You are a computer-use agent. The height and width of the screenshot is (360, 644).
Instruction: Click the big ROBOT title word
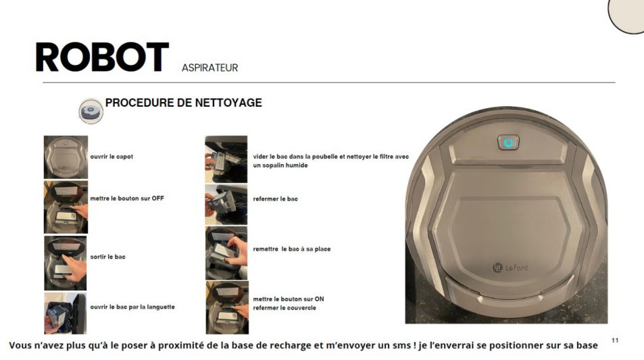pyautogui.click(x=102, y=57)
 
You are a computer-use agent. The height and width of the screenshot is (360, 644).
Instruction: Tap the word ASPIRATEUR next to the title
pyautogui.click(x=210, y=68)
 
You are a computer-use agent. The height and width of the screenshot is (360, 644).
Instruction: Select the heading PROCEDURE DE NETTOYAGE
pyautogui.click(x=184, y=103)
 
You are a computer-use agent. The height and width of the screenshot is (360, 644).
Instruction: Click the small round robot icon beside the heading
pyautogui.click(x=91, y=111)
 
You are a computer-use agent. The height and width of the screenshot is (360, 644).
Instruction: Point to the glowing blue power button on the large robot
pyautogui.click(x=508, y=143)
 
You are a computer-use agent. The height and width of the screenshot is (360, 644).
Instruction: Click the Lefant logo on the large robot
pyautogui.click(x=510, y=267)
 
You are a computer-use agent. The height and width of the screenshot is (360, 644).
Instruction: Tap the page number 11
pyautogui.click(x=615, y=340)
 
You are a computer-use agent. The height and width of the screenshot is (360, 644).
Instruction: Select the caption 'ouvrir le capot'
pyautogui.click(x=112, y=157)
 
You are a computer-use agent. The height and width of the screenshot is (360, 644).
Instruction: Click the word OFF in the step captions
pyautogui.click(x=157, y=199)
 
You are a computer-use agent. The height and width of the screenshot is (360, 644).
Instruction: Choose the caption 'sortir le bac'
pyautogui.click(x=107, y=257)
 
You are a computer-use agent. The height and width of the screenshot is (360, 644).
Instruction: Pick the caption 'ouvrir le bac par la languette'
pyautogui.click(x=132, y=307)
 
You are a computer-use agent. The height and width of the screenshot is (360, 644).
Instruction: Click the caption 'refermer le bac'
pyautogui.click(x=275, y=199)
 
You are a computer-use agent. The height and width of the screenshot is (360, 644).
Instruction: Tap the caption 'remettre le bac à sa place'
pyautogui.click(x=292, y=249)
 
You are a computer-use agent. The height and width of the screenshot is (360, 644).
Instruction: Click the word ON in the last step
pyautogui.click(x=319, y=299)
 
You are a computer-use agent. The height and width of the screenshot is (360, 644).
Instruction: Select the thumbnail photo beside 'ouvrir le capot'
pyautogui.click(x=66, y=157)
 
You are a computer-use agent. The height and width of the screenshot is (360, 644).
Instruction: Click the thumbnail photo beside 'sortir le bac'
pyautogui.click(x=66, y=263)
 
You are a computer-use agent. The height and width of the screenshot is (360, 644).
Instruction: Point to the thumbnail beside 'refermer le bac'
pyautogui.click(x=226, y=205)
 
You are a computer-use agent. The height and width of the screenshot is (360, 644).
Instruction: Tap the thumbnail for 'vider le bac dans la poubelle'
pyautogui.click(x=226, y=159)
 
